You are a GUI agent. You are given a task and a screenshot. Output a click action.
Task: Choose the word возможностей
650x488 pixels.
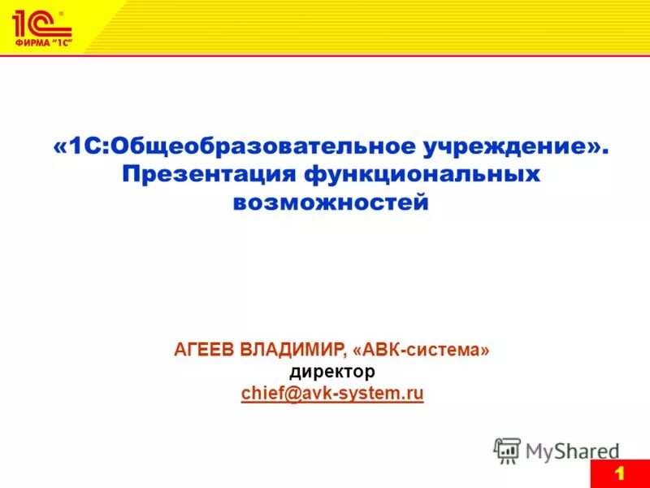[x=331, y=201]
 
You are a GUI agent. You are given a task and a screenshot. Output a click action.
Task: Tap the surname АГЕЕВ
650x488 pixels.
[x=203, y=350]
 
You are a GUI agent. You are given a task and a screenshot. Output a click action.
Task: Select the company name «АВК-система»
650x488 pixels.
[x=422, y=350]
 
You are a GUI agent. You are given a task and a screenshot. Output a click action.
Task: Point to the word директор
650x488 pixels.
[x=332, y=372]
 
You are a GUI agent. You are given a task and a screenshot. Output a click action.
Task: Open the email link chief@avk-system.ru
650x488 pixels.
[x=332, y=394]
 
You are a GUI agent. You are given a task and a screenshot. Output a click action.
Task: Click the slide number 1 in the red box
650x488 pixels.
[x=619, y=474]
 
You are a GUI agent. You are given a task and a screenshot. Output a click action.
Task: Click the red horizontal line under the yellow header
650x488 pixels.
[x=325, y=54]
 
